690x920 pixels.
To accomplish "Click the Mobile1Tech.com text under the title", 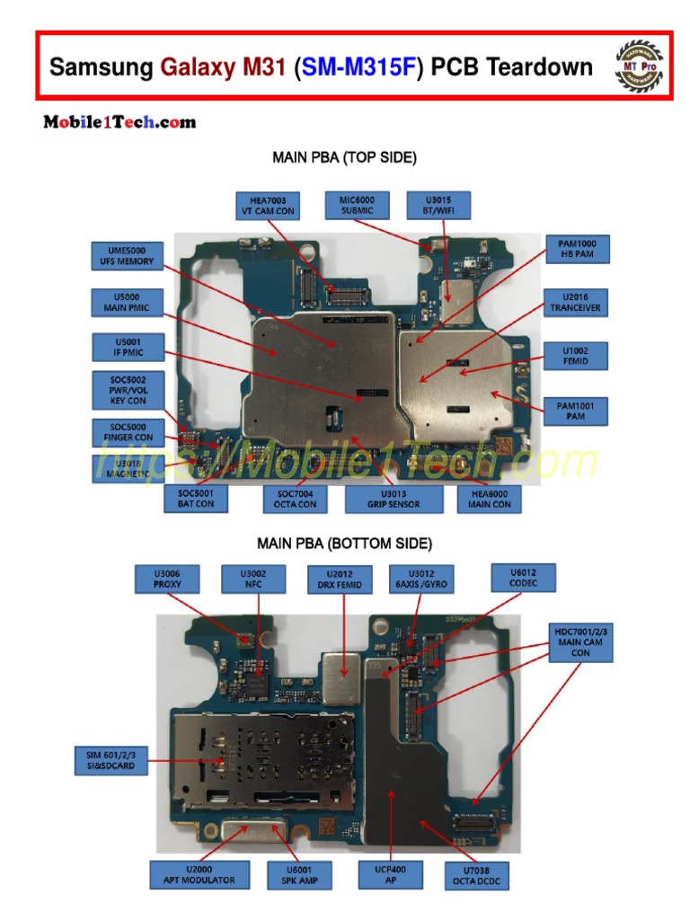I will click(119, 122).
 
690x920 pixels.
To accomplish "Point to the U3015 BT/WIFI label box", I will click(435, 206).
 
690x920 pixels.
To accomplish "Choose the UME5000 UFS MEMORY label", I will click(127, 256).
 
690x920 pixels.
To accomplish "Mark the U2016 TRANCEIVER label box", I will click(575, 303).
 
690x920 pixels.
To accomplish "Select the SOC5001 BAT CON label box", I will click(196, 499).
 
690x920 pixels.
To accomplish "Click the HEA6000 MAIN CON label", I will click(489, 500).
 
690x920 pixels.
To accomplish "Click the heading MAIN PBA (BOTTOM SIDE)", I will click(344, 544).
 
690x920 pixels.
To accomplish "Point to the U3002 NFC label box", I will click(256, 579).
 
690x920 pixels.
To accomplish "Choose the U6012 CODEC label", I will click(523, 579).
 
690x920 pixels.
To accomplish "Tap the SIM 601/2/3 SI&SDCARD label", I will click(111, 761).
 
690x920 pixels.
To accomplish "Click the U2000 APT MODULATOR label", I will click(205, 875).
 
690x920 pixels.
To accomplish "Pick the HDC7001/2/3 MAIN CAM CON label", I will click(580, 644).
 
